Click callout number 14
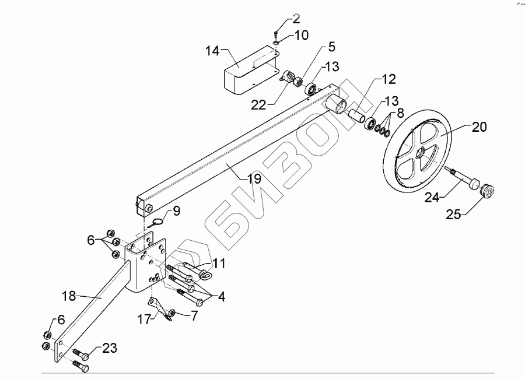tap(212, 51)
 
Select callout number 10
tap(301, 36)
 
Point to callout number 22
tap(259, 104)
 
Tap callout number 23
tap(110, 349)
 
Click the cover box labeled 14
tap(248, 73)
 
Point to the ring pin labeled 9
tap(156, 222)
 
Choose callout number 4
tap(220, 296)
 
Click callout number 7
tap(193, 315)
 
